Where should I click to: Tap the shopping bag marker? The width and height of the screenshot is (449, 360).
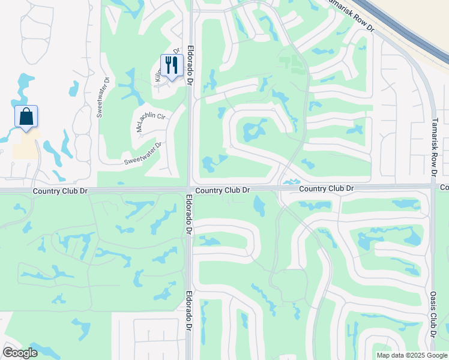[x=26, y=116]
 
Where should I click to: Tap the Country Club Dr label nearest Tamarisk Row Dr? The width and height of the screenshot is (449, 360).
[x=327, y=188]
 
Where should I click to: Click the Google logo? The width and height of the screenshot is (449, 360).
[x=20, y=353]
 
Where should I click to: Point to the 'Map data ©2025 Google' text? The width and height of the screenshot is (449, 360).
[x=411, y=355]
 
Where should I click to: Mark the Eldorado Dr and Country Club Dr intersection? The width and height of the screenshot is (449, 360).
[x=189, y=190]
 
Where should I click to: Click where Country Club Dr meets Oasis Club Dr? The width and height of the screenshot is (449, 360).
[x=433, y=187]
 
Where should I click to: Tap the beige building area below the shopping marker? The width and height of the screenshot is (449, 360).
[x=24, y=148]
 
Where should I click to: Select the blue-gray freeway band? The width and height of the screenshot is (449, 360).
[x=408, y=30]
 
